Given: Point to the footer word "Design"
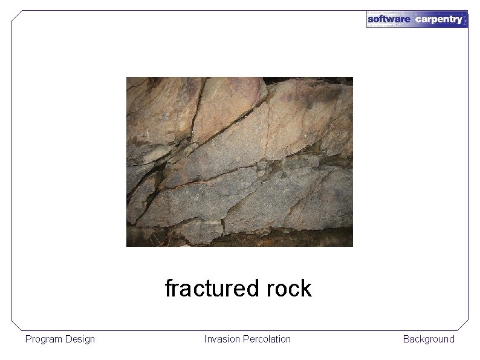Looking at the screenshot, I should pyautogui.click(x=80, y=339).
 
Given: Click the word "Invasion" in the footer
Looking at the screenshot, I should pyautogui.click(x=222, y=339).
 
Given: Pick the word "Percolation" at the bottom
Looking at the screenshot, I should pyautogui.click(x=267, y=339).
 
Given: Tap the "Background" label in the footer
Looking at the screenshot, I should pyautogui.click(x=429, y=339).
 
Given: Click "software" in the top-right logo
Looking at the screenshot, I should pyautogui.click(x=389, y=19).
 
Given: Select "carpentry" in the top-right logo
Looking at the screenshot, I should pyautogui.click(x=439, y=19).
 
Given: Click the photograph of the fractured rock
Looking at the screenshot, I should pyautogui.click(x=239, y=162).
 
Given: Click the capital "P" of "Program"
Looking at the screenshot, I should pyautogui.click(x=28, y=339).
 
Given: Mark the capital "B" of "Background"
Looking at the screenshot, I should pyautogui.click(x=406, y=339).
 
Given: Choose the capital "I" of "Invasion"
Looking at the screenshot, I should pyautogui.click(x=206, y=339).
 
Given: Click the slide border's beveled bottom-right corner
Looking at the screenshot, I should pyautogui.click(x=464, y=326).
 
